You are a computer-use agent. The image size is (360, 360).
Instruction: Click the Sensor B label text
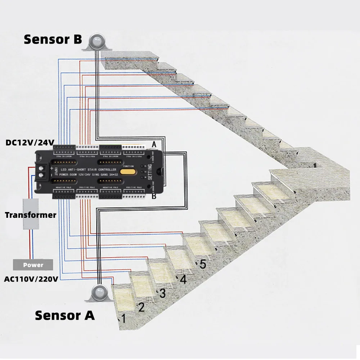[53, 39]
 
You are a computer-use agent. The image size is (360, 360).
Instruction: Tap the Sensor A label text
[65, 315]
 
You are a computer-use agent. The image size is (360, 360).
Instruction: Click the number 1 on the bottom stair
[123, 319]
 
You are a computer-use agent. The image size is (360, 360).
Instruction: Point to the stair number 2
[141, 307]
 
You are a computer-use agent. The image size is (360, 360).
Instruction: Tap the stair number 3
[162, 293]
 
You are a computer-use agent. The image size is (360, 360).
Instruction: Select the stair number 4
[183, 279]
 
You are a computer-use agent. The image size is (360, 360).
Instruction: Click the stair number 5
[203, 265]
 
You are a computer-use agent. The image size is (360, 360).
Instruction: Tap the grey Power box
[33, 265]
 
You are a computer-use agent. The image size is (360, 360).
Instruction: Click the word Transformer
[31, 215]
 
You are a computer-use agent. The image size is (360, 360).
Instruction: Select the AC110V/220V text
[31, 279]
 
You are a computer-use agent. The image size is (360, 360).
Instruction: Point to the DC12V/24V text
[30, 143]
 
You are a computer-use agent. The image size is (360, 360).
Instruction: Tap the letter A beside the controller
[154, 144]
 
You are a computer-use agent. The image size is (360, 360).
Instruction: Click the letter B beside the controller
[154, 197]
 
